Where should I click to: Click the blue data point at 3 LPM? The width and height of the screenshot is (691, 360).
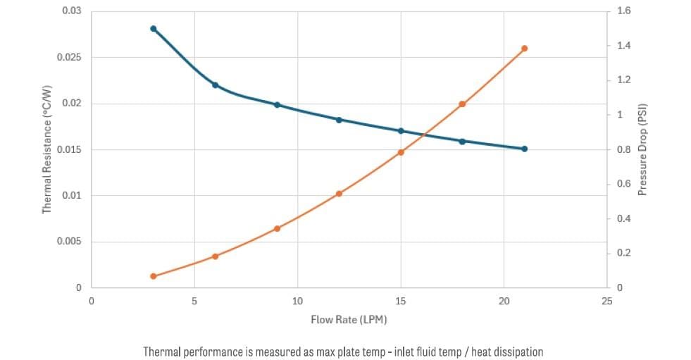point(153,29)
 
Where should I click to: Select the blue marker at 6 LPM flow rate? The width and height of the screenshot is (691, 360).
point(215,85)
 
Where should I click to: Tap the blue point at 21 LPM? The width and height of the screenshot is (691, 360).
point(524,149)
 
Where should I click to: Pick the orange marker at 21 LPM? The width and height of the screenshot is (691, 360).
point(524,49)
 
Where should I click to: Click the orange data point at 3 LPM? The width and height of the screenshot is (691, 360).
point(153,276)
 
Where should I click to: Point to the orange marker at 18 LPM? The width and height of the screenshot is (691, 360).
point(462,104)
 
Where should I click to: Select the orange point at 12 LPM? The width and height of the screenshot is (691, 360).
point(339,194)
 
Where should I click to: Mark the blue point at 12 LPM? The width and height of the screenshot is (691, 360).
point(339,120)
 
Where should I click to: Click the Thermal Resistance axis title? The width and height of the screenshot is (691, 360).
point(47,149)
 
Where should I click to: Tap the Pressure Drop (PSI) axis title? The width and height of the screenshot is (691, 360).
point(642,149)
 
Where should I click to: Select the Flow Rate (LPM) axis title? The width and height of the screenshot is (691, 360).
point(349,320)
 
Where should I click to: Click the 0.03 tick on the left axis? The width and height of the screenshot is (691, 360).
point(71,11)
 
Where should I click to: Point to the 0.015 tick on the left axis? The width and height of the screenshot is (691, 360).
point(69,149)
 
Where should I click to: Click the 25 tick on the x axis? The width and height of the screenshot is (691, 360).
point(607,301)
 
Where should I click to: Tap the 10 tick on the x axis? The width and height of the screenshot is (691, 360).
point(297,301)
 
